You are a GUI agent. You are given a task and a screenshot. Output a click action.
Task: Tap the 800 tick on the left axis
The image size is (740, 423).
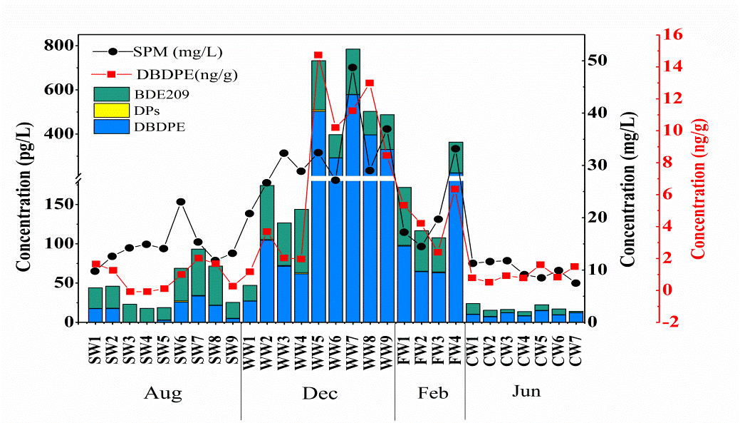58,46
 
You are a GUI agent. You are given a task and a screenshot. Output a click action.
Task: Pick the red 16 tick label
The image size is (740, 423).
674,34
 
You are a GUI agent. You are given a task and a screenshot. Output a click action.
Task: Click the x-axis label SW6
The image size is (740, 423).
181,346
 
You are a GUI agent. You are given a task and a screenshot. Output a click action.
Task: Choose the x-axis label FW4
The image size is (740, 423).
457,346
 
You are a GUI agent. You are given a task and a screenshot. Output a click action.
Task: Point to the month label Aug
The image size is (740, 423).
162,394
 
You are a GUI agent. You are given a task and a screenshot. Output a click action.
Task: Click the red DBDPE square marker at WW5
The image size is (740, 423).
318,55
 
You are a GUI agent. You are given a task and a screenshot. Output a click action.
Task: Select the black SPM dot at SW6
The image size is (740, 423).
181,202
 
